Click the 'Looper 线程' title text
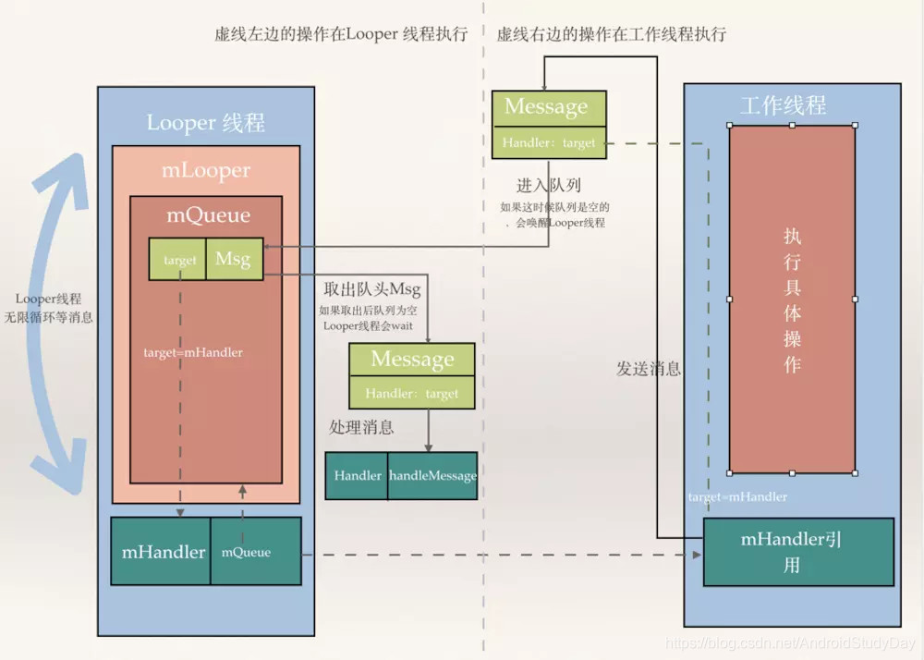[206, 123]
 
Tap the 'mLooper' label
[206, 171]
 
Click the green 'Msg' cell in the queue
[233, 260]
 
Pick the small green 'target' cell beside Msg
[179, 261]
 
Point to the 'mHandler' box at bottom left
[164, 552]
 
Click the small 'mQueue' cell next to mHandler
[247, 552]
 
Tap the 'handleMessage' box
[432, 475]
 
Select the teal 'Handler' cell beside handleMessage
[358, 475]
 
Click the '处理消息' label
[361, 427]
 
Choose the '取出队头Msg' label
[372, 289]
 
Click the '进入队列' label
[549, 186]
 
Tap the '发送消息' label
[649, 368]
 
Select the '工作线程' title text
[783, 104]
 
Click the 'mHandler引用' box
[797, 552]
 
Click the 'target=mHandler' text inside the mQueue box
[193, 352]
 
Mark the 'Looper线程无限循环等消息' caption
[55, 308]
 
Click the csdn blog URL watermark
[791, 642]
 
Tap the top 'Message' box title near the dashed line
[546, 107]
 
